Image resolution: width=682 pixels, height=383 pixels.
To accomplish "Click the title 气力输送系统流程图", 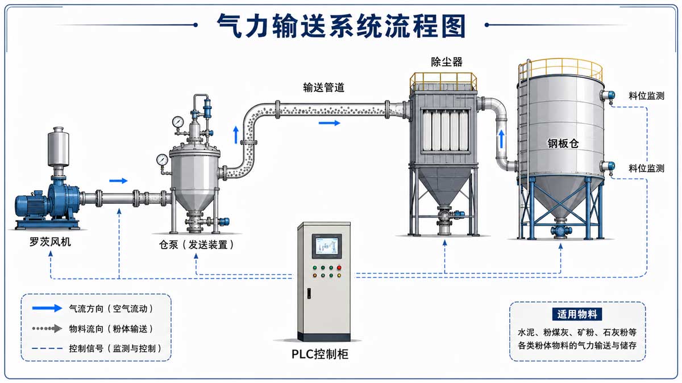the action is (341, 26).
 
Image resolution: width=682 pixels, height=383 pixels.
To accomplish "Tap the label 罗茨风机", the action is (50, 242).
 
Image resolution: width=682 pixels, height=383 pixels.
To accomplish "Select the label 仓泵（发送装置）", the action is (197, 245).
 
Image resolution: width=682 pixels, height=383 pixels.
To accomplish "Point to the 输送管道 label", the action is (323, 87).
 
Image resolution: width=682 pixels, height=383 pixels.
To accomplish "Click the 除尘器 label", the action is (447, 62).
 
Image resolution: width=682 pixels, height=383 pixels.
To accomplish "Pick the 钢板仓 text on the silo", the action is (563, 144).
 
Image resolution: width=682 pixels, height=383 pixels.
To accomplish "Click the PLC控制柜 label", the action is (319, 354).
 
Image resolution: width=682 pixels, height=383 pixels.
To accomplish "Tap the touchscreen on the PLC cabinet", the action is (327, 246).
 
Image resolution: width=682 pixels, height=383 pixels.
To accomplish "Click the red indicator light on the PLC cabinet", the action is (339, 268).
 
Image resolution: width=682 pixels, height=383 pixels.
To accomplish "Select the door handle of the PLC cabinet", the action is (309, 293).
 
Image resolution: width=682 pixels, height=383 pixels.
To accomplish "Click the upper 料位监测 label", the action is (646, 96).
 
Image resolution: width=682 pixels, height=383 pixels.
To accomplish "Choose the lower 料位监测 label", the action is (646, 168).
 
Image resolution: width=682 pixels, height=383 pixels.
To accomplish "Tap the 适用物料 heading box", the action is (577, 314).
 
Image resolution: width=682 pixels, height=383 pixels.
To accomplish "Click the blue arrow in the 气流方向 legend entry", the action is (47, 308).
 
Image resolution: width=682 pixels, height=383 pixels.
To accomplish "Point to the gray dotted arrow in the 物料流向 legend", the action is (47, 329).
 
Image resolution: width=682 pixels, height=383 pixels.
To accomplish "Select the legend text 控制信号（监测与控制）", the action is (115, 348).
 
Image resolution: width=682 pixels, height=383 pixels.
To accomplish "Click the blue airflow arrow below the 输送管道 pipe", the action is (330, 123).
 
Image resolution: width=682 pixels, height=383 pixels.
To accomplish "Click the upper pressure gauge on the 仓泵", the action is (178, 121).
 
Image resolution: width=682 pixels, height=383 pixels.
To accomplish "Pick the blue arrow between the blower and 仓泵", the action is (118, 181).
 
